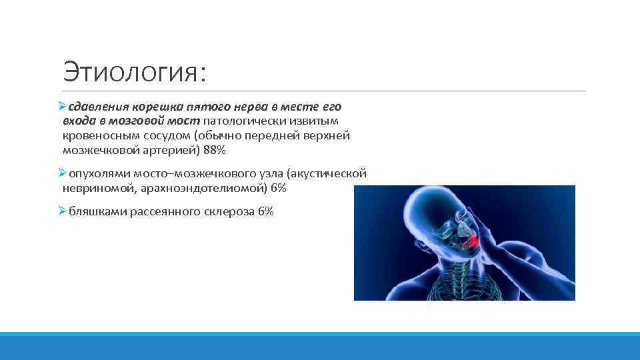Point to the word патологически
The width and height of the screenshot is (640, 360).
click(237, 121)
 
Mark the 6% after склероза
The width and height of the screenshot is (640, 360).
click(265, 212)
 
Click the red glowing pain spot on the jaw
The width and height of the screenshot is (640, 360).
click(471, 238)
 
